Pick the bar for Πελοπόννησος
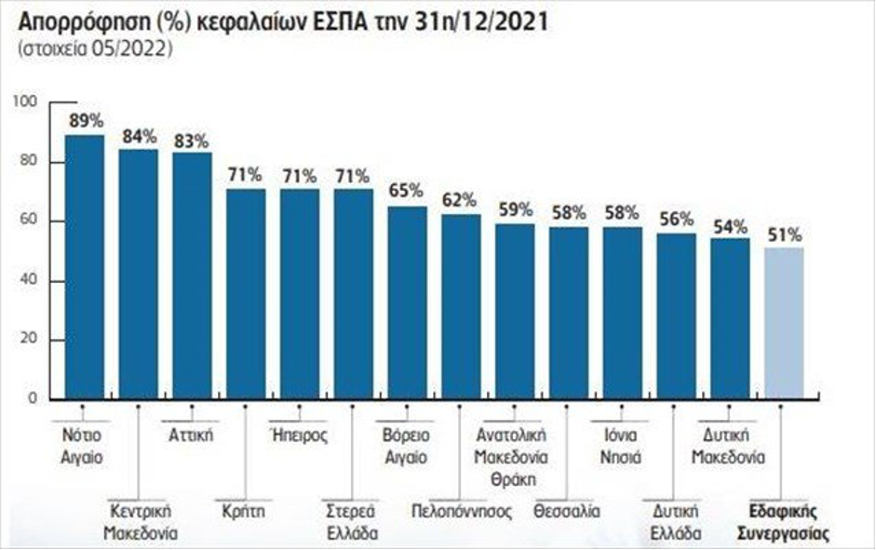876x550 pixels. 460,306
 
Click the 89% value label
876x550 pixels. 85,120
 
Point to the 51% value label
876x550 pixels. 784,235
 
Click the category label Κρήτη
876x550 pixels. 245,511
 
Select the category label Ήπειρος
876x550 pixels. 298,435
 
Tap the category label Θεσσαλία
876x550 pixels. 567,511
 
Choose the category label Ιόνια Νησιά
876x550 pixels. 621,446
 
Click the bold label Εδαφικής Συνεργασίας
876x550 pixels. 783,522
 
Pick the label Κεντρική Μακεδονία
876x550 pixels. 138,522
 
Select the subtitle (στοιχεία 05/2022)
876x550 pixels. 93,50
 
